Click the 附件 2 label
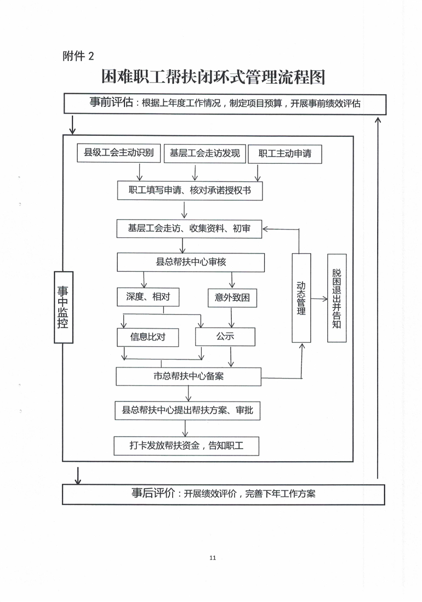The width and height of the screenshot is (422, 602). pos(79,56)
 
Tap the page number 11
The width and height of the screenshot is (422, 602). pos(213,558)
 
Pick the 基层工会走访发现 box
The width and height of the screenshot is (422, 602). pos(204,153)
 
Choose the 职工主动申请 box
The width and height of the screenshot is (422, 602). pos(284,154)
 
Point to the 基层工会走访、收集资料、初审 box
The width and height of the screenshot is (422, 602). pos(190,228)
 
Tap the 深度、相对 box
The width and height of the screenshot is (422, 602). pos(148,297)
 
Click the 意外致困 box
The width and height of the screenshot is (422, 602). pos(232,297)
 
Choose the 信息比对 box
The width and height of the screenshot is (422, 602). pos(148,336)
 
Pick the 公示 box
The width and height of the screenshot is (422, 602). pos(225,336)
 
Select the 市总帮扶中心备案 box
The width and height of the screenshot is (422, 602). pos(189,376)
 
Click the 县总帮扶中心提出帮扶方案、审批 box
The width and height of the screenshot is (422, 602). pos(187,410)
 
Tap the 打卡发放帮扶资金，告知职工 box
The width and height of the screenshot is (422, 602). pos(186,446)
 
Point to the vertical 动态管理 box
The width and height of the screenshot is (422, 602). pos(301,298)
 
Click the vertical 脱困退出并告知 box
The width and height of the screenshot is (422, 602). pos(337,298)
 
